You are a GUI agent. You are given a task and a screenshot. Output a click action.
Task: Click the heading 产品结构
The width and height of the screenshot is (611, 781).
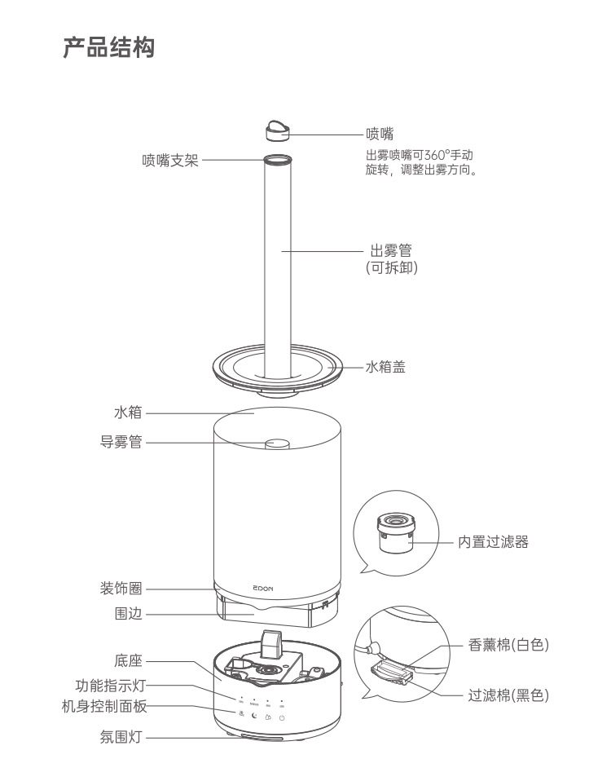click(108, 47)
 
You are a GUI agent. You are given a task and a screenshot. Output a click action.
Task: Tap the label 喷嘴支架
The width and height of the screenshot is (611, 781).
click(169, 161)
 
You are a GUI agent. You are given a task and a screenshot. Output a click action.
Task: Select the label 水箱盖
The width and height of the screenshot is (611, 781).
click(385, 368)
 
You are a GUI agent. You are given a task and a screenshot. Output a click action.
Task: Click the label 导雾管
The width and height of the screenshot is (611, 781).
click(121, 443)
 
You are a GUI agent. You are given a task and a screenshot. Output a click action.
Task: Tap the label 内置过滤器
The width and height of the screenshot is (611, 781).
click(493, 541)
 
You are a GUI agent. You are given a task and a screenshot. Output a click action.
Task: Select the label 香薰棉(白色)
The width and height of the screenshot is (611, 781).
click(509, 645)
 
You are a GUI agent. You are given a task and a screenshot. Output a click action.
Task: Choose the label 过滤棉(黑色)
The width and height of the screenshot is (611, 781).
click(508, 695)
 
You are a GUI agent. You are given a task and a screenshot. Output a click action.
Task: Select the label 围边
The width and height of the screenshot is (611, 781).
click(129, 614)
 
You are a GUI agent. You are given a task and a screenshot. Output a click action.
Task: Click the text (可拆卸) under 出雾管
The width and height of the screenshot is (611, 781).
click(392, 267)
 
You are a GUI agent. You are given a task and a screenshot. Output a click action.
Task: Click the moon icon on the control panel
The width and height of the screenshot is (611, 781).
click(254, 716)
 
